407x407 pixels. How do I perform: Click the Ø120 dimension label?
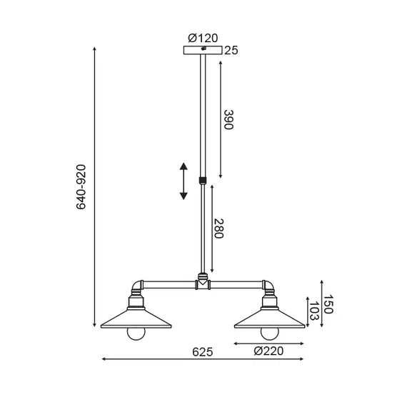(203, 37)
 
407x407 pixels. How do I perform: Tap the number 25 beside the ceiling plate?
(231, 50)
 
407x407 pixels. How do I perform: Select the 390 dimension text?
(229, 120)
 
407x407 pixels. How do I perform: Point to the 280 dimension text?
(221, 228)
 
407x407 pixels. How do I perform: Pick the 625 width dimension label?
(203, 351)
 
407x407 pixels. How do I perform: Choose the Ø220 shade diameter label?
(269, 351)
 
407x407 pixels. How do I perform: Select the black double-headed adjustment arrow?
(184, 181)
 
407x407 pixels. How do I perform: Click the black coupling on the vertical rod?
(203, 181)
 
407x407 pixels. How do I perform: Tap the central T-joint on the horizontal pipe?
(203, 284)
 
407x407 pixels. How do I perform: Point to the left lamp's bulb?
(137, 333)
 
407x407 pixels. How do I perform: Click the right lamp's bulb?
(269, 333)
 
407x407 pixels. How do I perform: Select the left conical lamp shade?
(137, 317)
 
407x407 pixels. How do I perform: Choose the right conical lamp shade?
(269, 317)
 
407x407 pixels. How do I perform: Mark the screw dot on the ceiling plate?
(203, 49)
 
